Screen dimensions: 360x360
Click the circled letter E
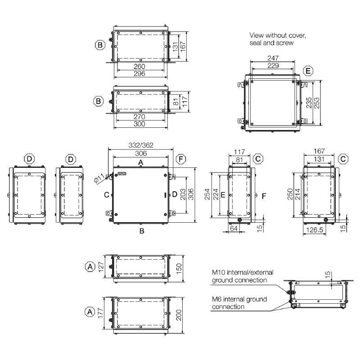click(x=308, y=71)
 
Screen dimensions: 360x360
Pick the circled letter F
click(x=180, y=159)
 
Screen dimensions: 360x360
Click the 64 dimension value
click(x=234, y=229)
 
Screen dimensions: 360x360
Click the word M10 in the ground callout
click(x=220, y=273)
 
